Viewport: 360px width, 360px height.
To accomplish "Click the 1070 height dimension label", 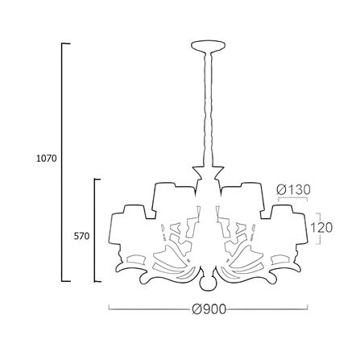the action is (47, 159).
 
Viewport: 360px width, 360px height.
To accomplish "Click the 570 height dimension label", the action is (81, 236).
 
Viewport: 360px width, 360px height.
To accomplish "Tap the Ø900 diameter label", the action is (209, 309).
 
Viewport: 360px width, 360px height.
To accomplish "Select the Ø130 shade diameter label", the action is (293, 190).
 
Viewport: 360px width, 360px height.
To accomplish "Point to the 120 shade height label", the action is (321, 228).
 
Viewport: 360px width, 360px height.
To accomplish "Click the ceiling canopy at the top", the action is (208, 45).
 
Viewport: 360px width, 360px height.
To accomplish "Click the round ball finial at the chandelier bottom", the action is (208, 283).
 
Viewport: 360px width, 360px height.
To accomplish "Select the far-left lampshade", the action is (127, 225).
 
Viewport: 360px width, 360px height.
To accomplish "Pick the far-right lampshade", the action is (289, 225).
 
